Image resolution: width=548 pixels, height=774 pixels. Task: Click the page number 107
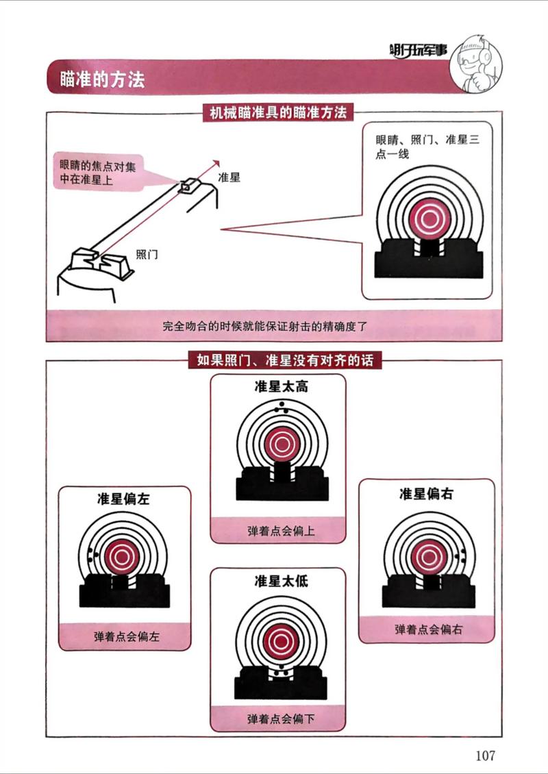coord(485,755)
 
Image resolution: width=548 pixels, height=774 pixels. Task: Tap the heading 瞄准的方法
coord(102,79)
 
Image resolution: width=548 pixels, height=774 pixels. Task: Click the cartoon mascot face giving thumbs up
coord(475,63)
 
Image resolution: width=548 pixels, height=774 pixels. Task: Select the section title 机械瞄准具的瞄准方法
coord(278,113)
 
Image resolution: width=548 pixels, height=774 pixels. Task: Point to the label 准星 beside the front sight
coord(229,177)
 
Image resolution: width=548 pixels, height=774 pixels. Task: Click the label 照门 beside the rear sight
coord(147,255)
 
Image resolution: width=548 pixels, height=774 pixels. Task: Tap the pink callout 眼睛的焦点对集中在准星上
coord(98,173)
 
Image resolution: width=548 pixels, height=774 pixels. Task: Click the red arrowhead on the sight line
coord(215,164)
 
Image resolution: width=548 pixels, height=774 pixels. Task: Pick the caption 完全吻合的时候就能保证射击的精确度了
coord(273,326)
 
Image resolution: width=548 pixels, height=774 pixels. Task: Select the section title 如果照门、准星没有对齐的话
coord(286,360)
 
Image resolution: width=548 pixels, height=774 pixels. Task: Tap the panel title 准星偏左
coord(123,499)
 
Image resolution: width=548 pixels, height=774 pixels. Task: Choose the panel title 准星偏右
coord(426,494)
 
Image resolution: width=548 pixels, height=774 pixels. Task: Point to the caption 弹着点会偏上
coord(281,531)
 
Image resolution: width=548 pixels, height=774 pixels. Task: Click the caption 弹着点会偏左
coord(127,637)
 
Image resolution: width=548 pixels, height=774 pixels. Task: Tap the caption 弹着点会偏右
coord(429,629)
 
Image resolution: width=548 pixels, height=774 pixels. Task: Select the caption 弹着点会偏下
coord(281,719)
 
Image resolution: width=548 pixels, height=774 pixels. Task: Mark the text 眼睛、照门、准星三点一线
coord(427,147)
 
